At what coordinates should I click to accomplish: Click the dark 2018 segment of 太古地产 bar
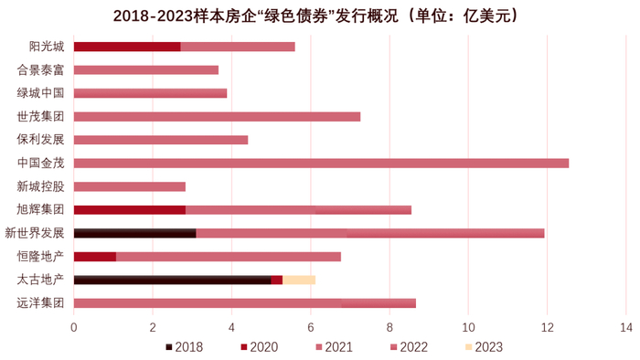pyautogui.click(x=172, y=280)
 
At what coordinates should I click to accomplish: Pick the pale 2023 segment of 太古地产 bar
pyautogui.click(x=298, y=280)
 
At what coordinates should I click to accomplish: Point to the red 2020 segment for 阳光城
pyautogui.click(x=126, y=47)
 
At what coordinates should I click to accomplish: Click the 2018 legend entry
pyautogui.click(x=184, y=347)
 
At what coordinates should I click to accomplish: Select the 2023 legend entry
pyautogui.click(x=484, y=347)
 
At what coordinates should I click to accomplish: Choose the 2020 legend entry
pyautogui.click(x=259, y=347)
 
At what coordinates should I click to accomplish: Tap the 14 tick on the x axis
pyautogui.click(x=625, y=325)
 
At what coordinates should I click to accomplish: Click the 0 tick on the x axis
pyautogui.click(x=73, y=325)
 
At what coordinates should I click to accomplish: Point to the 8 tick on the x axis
pyautogui.click(x=389, y=325)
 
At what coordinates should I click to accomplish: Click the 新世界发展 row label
pyautogui.click(x=36, y=232)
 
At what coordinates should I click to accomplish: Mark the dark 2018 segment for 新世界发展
pyautogui.click(x=134, y=233)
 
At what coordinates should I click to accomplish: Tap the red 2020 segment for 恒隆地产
pyautogui.click(x=94, y=256)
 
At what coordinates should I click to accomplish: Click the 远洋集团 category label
pyautogui.click(x=41, y=302)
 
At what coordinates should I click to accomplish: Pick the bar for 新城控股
pyautogui.click(x=129, y=186)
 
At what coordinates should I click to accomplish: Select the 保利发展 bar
pyautogui.click(x=160, y=140)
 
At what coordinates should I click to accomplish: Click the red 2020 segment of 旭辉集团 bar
pyautogui.click(x=129, y=209)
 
